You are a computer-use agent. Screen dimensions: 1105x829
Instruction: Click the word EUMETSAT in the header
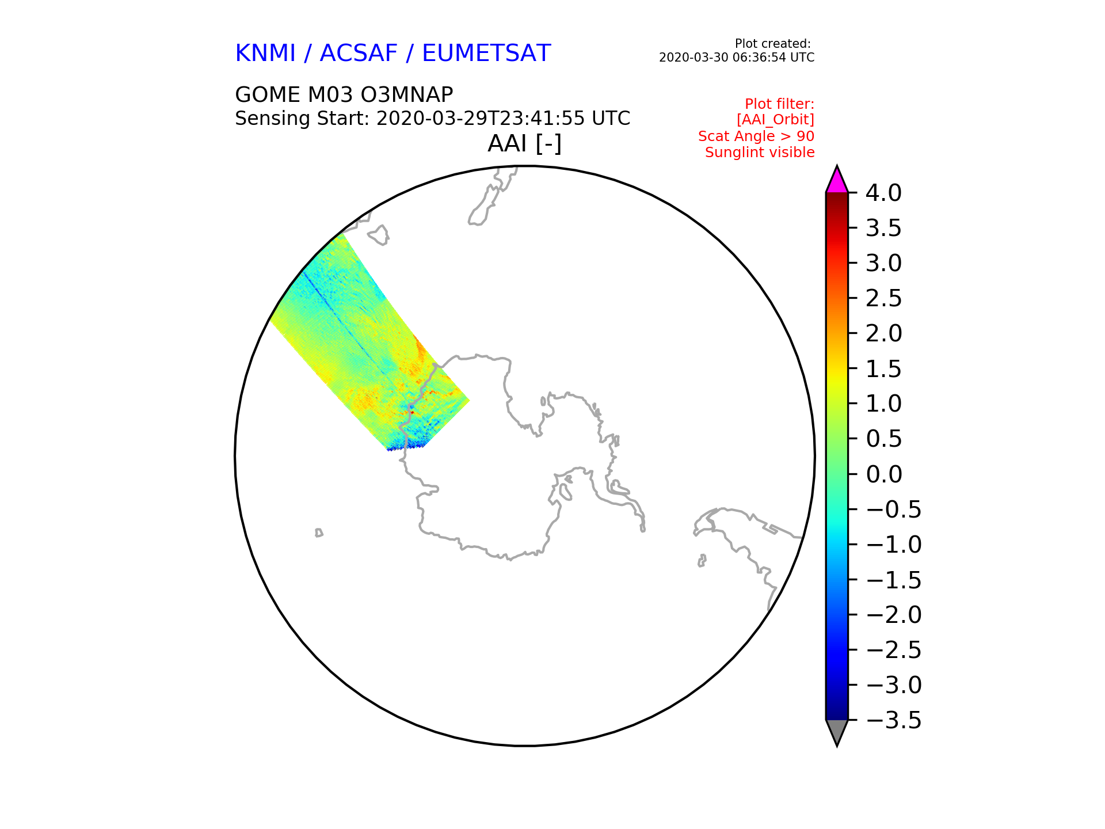[x=486, y=54]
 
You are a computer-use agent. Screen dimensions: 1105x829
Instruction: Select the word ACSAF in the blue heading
[x=359, y=54]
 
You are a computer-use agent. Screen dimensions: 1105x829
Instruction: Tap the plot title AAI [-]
[x=524, y=143]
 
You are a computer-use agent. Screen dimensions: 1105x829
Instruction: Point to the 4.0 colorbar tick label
[x=883, y=193]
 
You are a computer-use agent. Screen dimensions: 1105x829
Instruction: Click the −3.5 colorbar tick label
[x=893, y=720]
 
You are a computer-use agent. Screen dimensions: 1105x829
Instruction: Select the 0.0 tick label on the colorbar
[x=883, y=474]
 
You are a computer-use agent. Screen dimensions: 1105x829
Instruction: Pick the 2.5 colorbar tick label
[x=883, y=299]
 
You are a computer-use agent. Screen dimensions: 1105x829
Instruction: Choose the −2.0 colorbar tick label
[x=893, y=615]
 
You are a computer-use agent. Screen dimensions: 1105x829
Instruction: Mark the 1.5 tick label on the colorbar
[x=883, y=369]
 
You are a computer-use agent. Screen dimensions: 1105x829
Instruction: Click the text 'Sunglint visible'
[x=760, y=153]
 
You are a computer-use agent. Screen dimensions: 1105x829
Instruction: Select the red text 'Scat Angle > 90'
[x=756, y=136]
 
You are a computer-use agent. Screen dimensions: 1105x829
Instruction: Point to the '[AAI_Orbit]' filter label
[x=775, y=120]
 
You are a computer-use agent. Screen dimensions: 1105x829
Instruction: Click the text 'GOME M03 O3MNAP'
[x=344, y=94]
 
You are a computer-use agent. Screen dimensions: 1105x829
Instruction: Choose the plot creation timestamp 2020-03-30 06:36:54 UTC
[x=737, y=58]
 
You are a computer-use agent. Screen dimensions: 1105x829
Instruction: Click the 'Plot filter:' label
[x=780, y=104]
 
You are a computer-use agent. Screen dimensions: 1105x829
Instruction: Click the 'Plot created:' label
[x=773, y=44]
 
